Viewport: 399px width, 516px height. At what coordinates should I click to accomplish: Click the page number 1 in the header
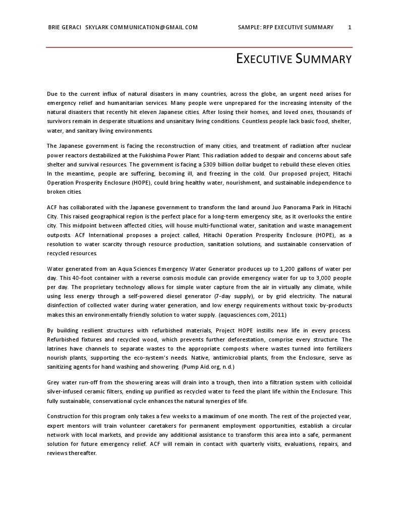point(350,27)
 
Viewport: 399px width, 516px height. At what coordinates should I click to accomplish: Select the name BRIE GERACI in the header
point(65,27)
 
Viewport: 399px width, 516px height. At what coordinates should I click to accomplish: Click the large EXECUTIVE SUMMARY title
point(294,59)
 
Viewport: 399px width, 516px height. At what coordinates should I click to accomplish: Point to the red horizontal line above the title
point(199,47)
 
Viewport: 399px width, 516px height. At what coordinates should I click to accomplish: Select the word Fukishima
point(157,155)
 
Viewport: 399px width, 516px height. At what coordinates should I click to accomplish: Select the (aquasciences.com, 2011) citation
point(252,315)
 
